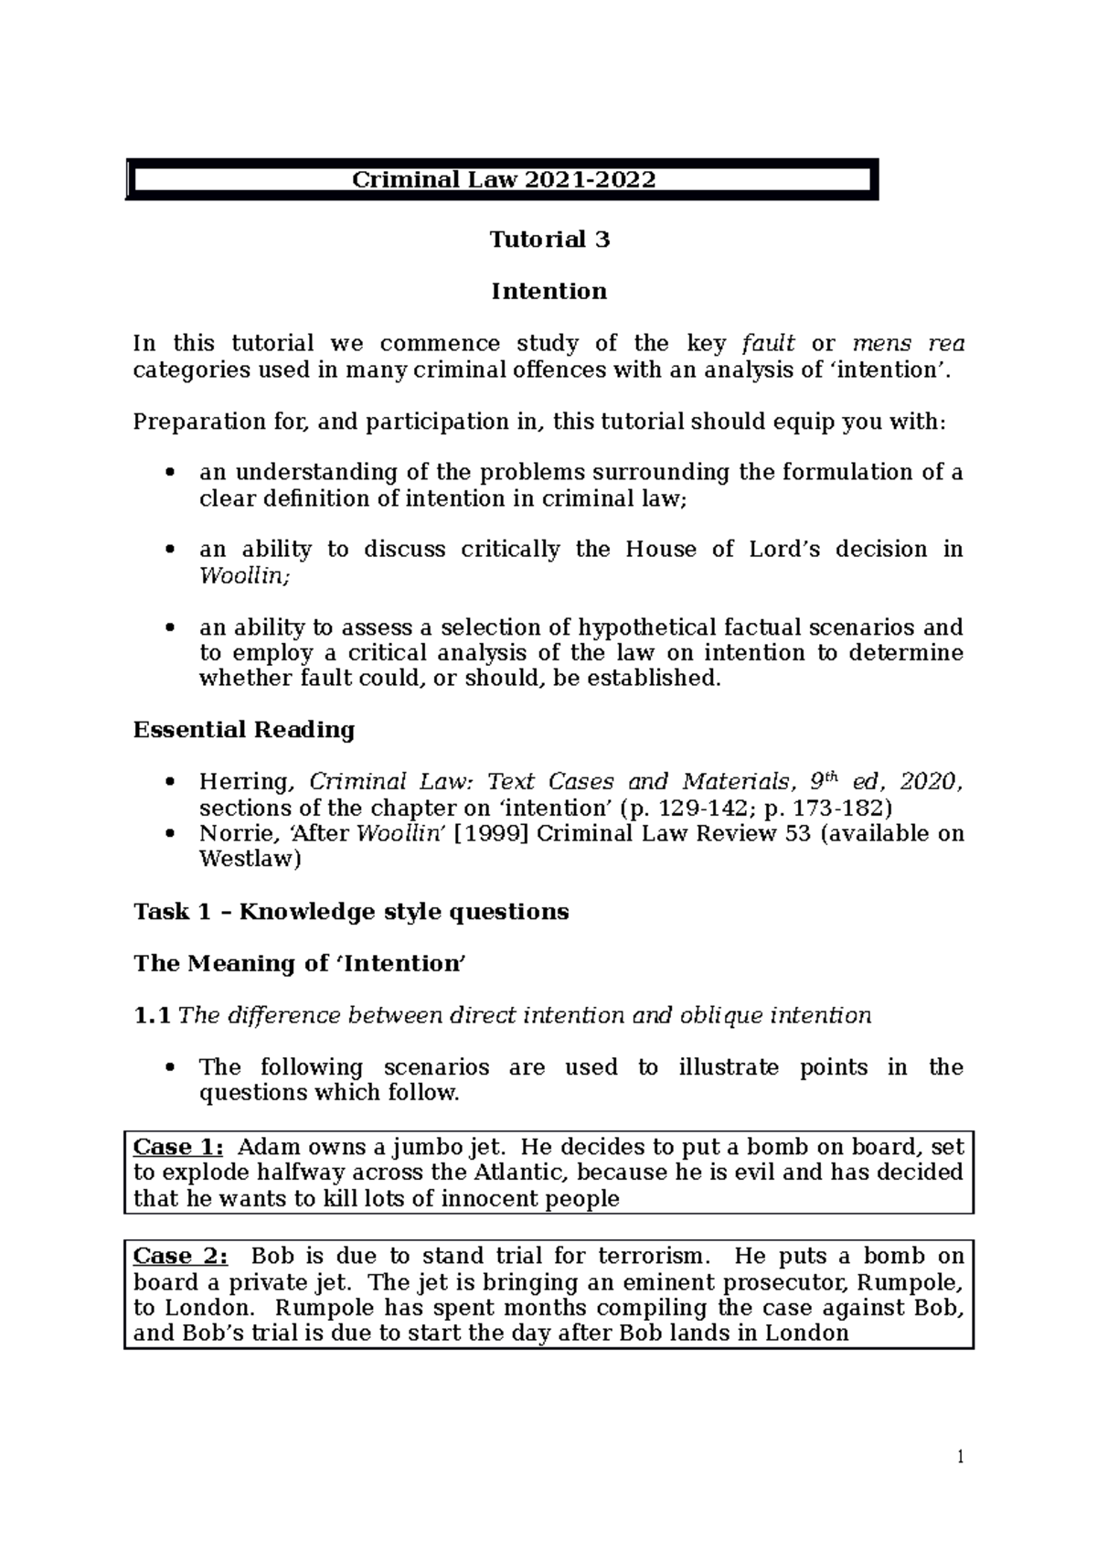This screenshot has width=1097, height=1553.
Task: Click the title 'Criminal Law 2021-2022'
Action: [x=504, y=179]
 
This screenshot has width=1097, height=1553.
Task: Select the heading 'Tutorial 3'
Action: [x=548, y=240]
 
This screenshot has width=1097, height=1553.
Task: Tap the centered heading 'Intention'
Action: [x=548, y=292]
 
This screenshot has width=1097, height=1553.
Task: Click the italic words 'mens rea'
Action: [x=908, y=344]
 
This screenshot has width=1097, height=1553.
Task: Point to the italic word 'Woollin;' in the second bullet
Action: [x=234, y=575]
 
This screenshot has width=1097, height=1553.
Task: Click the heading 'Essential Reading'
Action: [x=244, y=730]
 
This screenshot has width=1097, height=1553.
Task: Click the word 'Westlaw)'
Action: [x=250, y=859]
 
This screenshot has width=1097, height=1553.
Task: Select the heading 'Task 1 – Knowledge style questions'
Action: [x=351, y=912]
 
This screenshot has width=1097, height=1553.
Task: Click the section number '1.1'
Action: [x=152, y=1016]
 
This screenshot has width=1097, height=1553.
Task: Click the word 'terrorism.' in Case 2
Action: [x=653, y=1256]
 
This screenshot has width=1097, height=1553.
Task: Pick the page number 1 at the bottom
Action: [x=961, y=1457]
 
